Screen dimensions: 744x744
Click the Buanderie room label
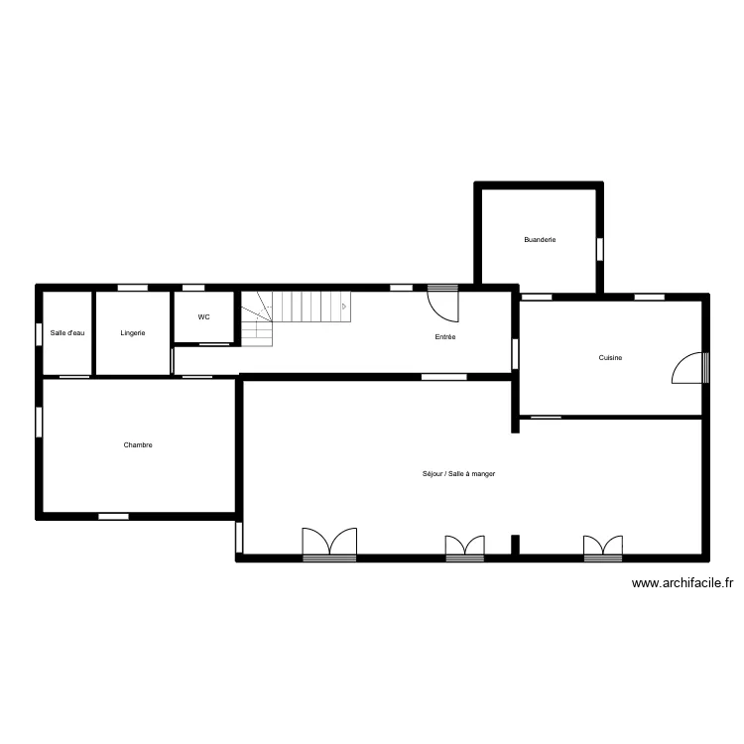[x=540, y=240]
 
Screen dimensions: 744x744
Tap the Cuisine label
[x=610, y=358]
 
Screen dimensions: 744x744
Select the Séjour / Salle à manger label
[x=458, y=473]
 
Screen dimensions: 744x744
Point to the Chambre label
[x=138, y=445]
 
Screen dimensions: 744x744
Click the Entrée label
[x=445, y=337]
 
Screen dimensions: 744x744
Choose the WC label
[x=203, y=317]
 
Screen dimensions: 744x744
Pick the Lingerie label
[x=132, y=333]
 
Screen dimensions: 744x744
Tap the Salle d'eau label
[x=67, y=333]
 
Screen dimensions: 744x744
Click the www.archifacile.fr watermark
[x=682, y=583]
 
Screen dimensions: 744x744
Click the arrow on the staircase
[x=344, y=307]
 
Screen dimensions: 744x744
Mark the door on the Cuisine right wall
[x=690, y=368]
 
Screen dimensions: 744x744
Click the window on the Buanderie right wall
[x=600, y=249]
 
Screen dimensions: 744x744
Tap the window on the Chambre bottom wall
[x=113, y=516]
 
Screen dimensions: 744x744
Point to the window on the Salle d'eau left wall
[x=39, y=334]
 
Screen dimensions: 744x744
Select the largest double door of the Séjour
[x=329, y=544]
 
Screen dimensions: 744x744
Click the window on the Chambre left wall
[x=39, y=423]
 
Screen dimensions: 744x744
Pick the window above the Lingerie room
[x=133, y=288]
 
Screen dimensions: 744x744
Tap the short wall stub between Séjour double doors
[x=515, y=545]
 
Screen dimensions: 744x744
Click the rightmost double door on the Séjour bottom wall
[x=603, y=548]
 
